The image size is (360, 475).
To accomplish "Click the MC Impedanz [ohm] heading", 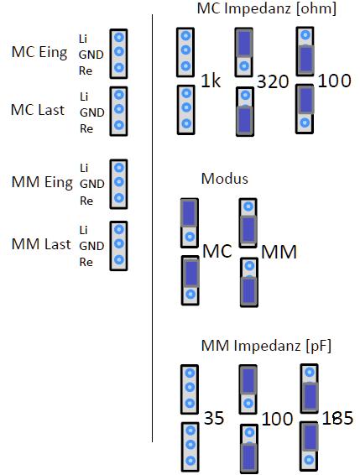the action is [x=267, y=8].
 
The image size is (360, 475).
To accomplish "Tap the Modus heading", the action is [x=225, y=179].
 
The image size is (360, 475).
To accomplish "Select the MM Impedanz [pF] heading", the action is [x=266, y=346].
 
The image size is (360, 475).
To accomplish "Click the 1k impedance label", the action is [x=211, y=81].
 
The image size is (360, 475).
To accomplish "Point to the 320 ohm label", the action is [x=273, y=81].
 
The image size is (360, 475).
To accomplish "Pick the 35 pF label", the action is [x=214, y=418].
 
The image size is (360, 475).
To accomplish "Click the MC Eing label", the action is [x=39, y=52].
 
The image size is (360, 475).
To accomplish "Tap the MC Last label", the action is [x=38, y=110].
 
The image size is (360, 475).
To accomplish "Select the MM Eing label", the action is [x=42, y=182].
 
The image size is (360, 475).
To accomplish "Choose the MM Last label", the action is [x=41, y=244].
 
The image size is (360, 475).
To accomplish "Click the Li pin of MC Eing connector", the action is [x=119, y=38].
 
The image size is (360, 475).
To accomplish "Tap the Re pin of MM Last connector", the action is [x=119, y=259].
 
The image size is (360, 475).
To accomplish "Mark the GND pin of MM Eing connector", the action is [x=119, y=182].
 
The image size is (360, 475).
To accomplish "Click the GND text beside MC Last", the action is [x=92, y=112].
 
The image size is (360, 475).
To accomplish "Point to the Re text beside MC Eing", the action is [x=86, y=70].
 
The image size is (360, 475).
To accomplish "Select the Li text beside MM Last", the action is [x=84, y=230].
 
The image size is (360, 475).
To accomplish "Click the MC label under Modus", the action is [x=217, y=251].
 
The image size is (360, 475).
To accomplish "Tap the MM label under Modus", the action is [x=279, y=252].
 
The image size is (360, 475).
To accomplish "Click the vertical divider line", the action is [x=152, y=228].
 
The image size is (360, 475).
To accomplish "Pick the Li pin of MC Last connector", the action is [x=119, y=95].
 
